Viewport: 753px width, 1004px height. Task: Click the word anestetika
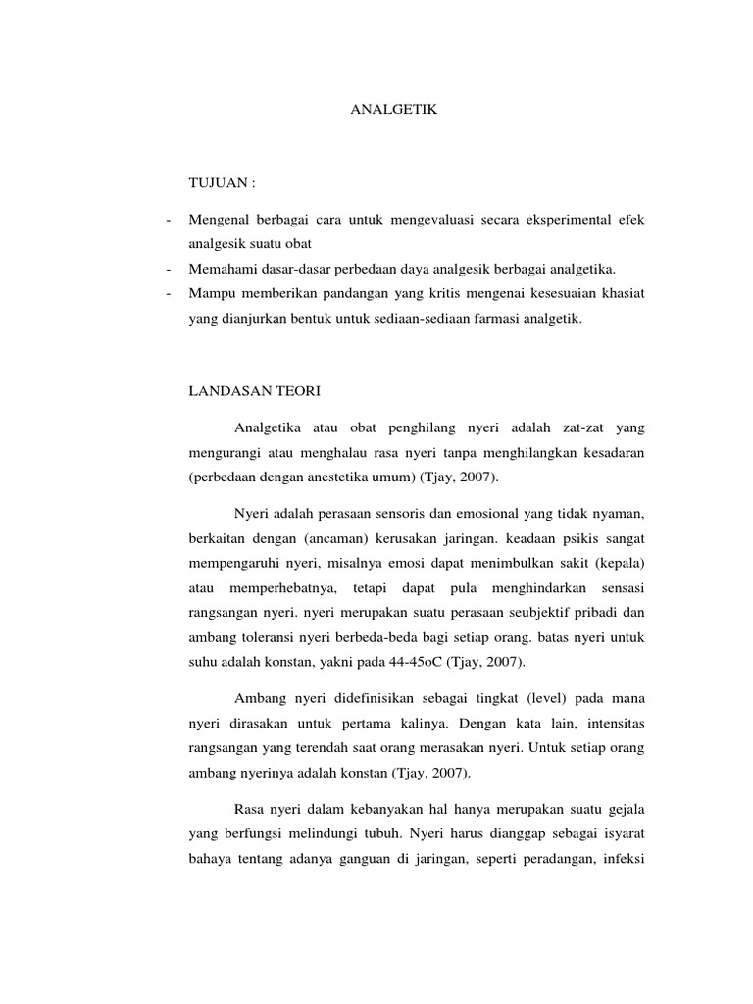click(x=333, y=477)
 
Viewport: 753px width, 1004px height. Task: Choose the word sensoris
click(x=386, y=513)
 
